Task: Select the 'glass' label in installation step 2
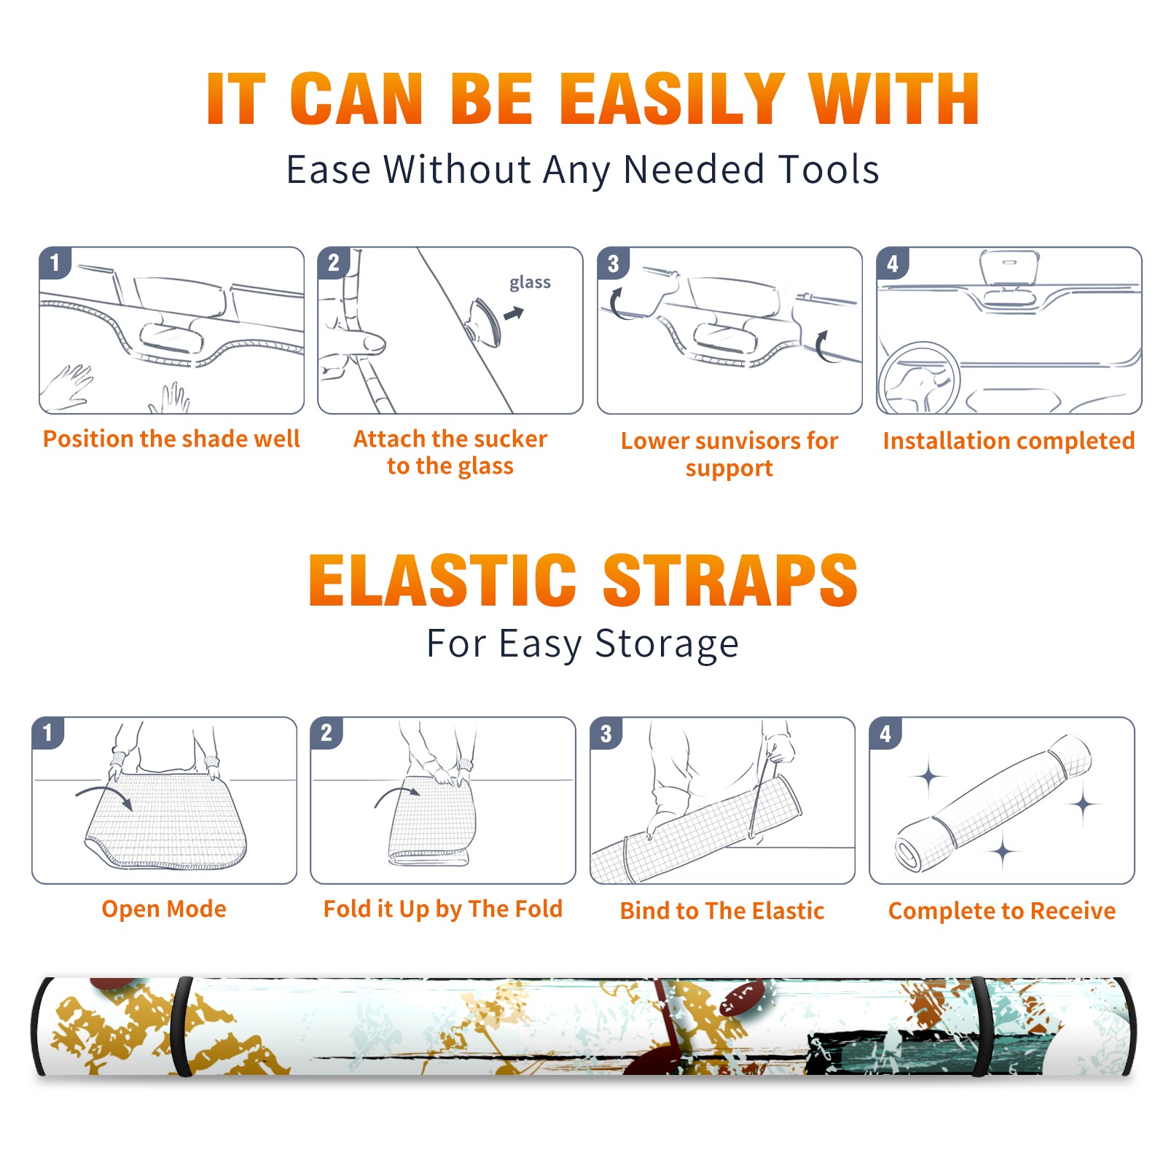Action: [530, 283]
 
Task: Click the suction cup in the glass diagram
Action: [484, 321]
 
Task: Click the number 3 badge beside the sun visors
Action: [613, 263]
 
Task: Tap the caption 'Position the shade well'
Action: [171, 439]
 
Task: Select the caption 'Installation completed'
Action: [1009, 441]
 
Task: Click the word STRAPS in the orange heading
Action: [730, 580]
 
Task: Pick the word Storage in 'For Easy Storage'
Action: [667, 644]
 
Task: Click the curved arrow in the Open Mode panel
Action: [104, 797]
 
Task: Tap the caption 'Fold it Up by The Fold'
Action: [443, 909]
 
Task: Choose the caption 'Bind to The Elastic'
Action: [722, 911]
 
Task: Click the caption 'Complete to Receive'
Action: [1002, 911]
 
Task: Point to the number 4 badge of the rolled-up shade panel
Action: [885, 733]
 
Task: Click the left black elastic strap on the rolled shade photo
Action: [181, 1026]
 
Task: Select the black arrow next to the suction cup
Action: [514, 313]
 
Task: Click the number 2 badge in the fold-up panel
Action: [326, 733]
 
